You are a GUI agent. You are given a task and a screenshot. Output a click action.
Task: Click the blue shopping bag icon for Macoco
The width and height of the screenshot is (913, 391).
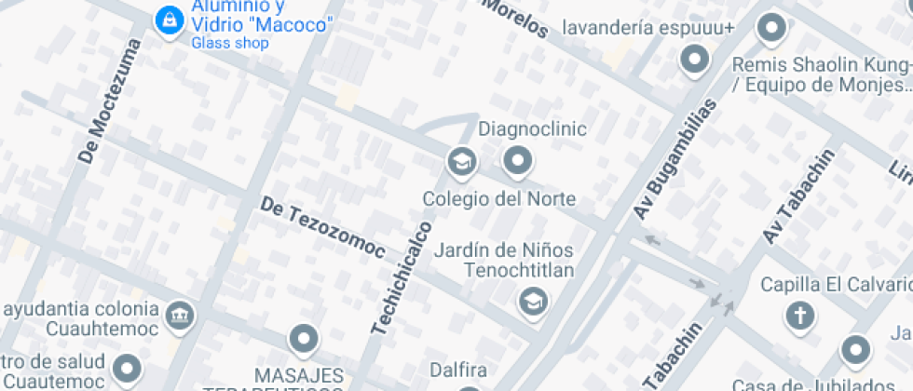pyautogui.click(x=169, y=18)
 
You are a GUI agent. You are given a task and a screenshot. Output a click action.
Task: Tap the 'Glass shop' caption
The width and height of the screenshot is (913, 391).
pyautogui.click(x=230, y=43)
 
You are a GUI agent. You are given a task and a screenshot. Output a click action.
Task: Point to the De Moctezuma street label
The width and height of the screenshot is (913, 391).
pyautogui.click(x=109, y=101)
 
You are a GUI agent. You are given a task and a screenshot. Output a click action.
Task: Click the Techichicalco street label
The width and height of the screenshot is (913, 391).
pyautogui.click(x=402, y=277)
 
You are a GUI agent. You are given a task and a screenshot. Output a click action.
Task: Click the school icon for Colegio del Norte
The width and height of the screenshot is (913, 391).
pyautogui.click(x=461, y=162)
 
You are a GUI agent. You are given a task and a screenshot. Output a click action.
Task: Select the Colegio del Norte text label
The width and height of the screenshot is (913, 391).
pyautogui.click(x=498, y=199)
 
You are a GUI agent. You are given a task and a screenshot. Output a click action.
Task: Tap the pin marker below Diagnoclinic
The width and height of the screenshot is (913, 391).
pyautogui.click(x=517, y=162)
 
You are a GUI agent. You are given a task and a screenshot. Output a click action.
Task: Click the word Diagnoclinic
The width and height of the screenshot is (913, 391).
pyautogui.click(x=532, y=128)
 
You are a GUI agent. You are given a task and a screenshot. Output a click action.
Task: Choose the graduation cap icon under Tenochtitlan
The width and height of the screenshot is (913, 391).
pyautogui.click(x=533, y=301)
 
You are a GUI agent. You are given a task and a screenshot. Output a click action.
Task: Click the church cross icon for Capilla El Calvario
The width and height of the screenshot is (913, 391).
pyautogui.click(x=799, y=317)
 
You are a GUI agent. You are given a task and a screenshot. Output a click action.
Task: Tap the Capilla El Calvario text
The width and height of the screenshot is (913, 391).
pyautogui.click(x=835, y=284)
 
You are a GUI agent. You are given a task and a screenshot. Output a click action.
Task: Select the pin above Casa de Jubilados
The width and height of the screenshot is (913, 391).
pyautogui.click(x=855, y=351)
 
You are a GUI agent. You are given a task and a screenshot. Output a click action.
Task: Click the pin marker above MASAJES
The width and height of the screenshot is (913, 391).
pyautogui.click(x=304, y=340)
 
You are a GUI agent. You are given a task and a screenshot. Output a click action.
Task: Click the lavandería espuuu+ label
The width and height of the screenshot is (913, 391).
pyautogui.click(x=648, y=28)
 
